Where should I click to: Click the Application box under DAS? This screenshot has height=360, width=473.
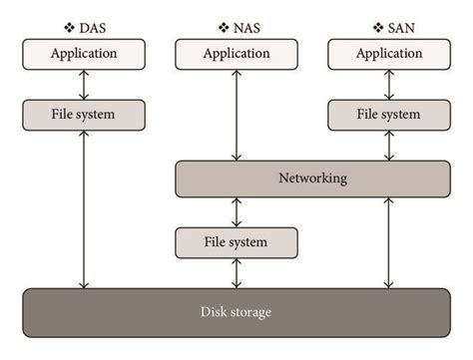point(84,54)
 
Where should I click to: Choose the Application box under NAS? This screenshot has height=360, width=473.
point(236,54)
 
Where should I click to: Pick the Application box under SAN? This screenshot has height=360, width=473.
point(388,54)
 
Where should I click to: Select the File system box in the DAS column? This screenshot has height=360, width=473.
point(84,115)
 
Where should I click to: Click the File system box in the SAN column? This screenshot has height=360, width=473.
point(388,115)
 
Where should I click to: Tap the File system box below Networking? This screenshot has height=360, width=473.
point(236,241)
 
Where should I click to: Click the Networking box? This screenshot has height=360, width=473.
point(312,179)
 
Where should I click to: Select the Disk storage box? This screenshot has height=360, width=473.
point(236,312)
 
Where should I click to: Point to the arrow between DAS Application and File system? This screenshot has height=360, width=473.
point(84,84)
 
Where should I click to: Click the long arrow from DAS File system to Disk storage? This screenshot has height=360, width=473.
point(84,209)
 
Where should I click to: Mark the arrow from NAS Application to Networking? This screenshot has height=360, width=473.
point(236,115)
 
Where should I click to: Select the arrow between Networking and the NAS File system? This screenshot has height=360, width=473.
point(236,211)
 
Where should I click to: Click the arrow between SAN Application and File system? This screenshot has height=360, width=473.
point(388,84)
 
